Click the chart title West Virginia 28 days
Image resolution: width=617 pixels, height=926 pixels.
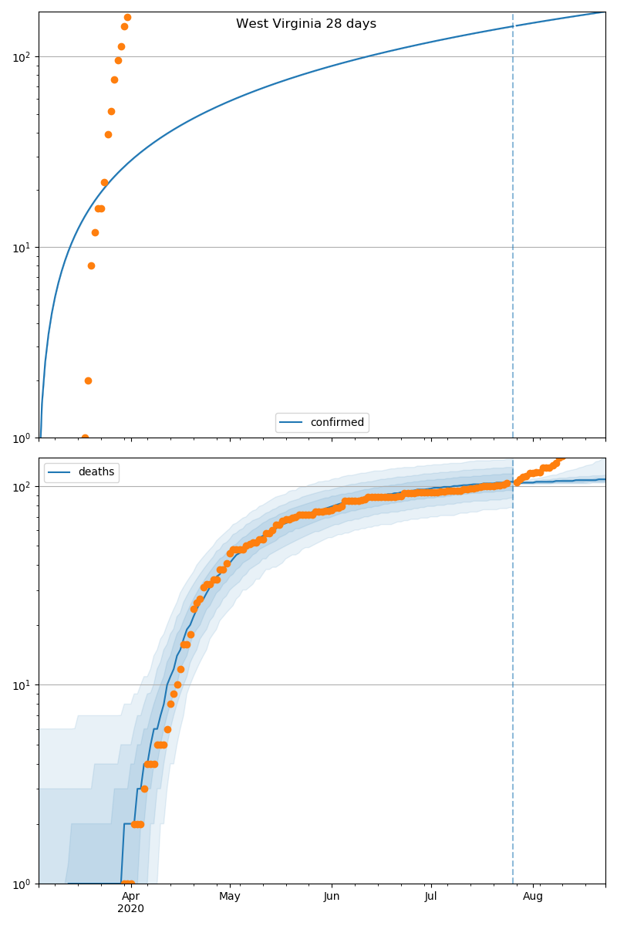pos(306,24)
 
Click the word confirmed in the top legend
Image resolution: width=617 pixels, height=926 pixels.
pos(337,422)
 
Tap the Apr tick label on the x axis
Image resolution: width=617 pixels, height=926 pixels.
pos(131,896)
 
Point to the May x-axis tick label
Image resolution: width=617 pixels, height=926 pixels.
pos(230,896)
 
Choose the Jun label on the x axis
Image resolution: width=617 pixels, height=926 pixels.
pos(332,896)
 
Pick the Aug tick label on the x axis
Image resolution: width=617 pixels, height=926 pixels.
pos(533,896)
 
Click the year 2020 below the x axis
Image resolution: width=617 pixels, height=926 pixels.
pos(131,908)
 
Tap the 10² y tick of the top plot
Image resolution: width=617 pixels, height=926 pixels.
pos(22,56)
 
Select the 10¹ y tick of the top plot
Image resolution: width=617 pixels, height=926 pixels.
pos(22,247)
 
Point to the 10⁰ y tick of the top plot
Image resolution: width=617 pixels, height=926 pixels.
pos(22,438)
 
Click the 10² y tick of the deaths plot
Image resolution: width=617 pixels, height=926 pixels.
pos(22,486)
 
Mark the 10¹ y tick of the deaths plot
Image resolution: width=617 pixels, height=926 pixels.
pos(22,684)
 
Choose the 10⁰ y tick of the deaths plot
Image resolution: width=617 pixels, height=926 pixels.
pos(22,883)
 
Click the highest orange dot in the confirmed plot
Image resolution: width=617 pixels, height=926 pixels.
pos(127,17)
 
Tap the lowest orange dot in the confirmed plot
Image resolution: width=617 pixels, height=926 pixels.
pos(85,438)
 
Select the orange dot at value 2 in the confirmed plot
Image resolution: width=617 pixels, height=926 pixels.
pos(88,380)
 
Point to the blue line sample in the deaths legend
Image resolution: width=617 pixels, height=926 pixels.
pos(61,473)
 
